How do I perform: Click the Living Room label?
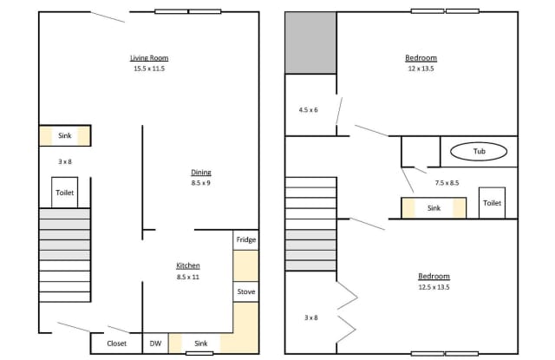tap(149, 58)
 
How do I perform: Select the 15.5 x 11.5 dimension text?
tap(149, 69)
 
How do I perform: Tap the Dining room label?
tap(201, 173)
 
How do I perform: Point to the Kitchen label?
tap(188, 265)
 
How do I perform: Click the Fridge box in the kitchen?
tap(246, 240)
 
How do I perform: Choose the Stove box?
tap(246, 291)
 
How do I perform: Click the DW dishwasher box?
tap(155, 344)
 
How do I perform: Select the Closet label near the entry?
tap(116, 344)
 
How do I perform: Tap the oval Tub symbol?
tap(479, 152)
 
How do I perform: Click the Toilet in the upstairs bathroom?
tap(492, 203)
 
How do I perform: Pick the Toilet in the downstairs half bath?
tap(65, 193)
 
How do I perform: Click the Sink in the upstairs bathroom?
tap(434, 208)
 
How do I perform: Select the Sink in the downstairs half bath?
tap(65, 135)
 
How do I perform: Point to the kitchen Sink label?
tap(200, 344)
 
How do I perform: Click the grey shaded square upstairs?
tap(310, 43)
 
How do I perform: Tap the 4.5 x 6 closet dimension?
tap(309, 110)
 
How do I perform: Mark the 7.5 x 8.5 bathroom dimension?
tap(447, 183)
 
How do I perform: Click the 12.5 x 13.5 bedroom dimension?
tap(434, 287)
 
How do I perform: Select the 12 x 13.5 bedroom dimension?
tap(421, 69)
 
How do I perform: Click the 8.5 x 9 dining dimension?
tap(200, 183)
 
